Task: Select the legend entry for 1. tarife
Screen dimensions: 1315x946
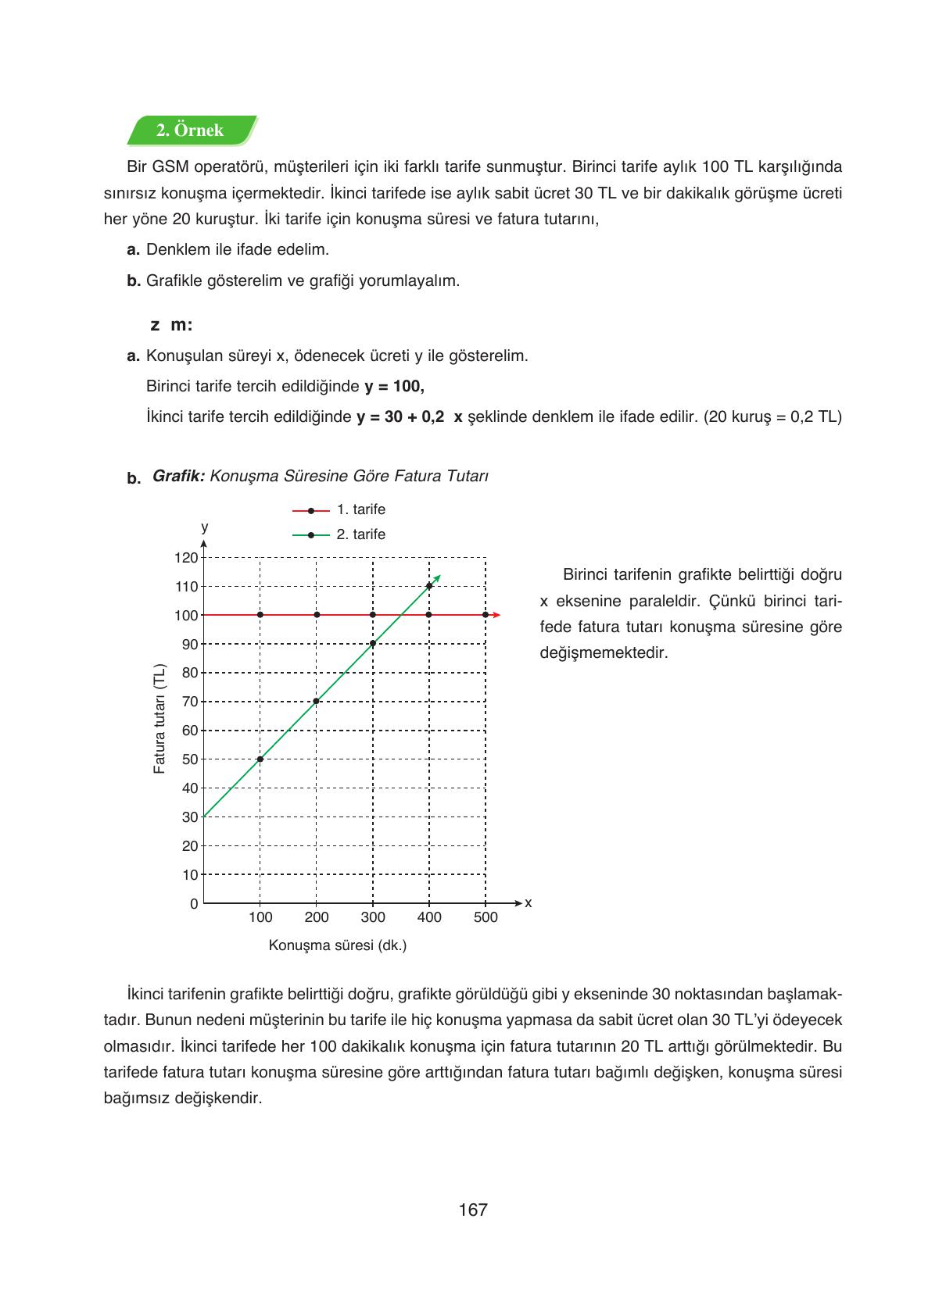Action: (x=339, y=509)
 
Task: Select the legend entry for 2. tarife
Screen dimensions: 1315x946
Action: (x=339, y=534)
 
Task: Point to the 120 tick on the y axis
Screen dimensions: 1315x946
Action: (x=186, y=558)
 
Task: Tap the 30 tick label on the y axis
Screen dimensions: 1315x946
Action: (x=189, y=817)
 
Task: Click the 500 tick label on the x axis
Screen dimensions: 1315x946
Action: (x=486, y=917)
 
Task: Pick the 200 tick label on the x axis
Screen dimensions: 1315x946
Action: (x=317, y=917)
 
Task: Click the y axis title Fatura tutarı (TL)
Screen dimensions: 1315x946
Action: (x=159, y=719)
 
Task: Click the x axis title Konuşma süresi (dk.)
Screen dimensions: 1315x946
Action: (x=338, y=945)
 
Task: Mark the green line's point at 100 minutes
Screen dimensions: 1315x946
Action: (x=260, y=759)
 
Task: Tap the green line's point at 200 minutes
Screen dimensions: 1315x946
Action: (x=317, y=701)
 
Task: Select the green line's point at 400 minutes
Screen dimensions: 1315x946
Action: (x=429, y=586)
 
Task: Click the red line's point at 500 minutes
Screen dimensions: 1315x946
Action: (x=486, y=615)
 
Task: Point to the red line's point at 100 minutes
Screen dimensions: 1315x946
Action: (x=260, y=615)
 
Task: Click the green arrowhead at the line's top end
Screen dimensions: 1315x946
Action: (x=438, y=577)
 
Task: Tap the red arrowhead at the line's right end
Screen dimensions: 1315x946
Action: (x=496, y=615)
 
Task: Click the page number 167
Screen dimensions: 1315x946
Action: (x=473, y=1210)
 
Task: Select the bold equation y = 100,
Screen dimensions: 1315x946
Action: (x=394, y=386)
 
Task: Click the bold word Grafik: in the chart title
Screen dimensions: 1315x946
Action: (x=178, y=476)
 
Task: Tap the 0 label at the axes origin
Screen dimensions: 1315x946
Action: (x=194, y=904)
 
